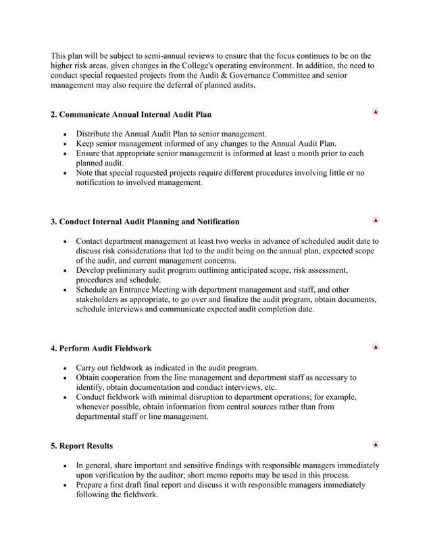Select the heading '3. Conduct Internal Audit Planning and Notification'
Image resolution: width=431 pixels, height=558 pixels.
click(x=145, y=222)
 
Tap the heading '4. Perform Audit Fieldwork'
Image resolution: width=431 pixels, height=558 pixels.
click(x=101, y=349)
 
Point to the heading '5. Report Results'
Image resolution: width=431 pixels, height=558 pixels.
click(x=82, y=446)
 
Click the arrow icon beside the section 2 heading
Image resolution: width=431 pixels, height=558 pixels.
click(x=376, y=111)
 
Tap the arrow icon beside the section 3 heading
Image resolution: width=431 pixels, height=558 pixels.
click(x=376, y=220)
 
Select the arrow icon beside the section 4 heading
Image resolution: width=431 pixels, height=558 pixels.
click(x=376, y=347)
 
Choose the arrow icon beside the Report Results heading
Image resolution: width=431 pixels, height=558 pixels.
click(x=376, y=445)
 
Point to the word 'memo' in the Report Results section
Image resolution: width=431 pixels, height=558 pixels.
click(x=226, y=475)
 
